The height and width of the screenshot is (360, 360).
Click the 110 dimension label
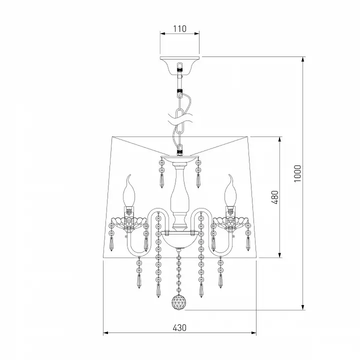179,28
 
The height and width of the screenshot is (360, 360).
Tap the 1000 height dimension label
297,173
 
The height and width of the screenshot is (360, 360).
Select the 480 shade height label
275,197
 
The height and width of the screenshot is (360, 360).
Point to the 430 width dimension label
179,327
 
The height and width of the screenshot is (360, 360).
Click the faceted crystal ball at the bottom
179,302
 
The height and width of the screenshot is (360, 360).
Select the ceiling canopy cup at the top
179,65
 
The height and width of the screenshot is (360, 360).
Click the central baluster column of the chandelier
179,195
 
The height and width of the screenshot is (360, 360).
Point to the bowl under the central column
179,240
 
